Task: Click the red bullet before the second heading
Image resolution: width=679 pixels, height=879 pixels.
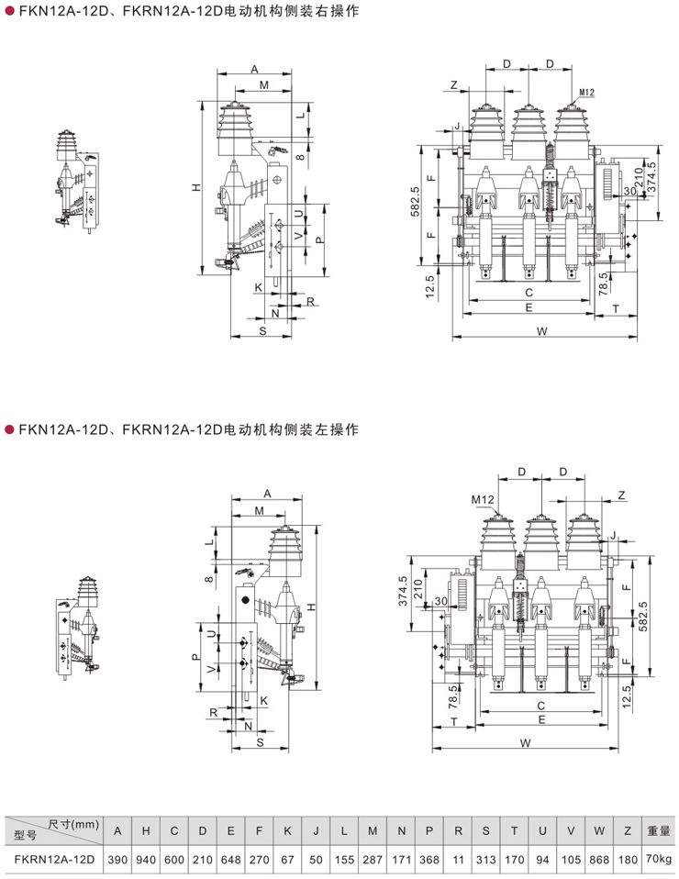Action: (10, 429)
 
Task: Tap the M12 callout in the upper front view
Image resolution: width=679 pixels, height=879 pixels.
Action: (587, 92)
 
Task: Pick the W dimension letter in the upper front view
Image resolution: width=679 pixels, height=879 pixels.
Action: (543, 330)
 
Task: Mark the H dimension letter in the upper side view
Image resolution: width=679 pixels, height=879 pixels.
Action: (195, 188)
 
